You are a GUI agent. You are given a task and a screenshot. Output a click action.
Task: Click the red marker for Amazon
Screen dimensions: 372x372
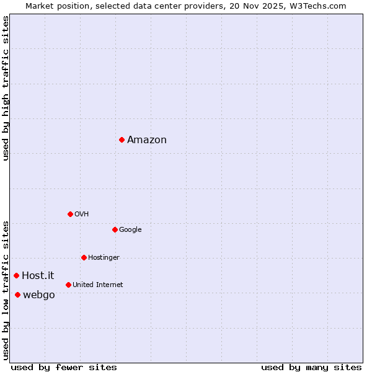point(122,139)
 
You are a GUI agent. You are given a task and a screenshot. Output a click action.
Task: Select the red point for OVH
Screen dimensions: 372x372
point(70,214)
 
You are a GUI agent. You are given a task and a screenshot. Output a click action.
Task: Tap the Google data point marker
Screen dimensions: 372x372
point(115,229)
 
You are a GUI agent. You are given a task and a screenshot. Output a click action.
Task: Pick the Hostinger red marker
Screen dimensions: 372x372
point(84,257)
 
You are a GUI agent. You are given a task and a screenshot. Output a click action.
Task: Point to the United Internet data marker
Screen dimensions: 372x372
point(68,285)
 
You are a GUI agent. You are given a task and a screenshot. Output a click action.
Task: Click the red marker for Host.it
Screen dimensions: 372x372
point(16,275)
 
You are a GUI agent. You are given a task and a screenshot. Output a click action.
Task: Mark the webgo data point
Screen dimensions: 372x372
point(17,294)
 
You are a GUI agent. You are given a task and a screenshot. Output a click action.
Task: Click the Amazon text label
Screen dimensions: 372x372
point(147,140)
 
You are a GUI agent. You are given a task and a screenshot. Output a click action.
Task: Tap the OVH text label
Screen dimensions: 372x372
point(81,215)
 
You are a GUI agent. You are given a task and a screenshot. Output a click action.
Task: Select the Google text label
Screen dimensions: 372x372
point(130,230)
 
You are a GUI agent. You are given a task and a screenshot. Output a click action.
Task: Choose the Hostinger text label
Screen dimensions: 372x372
point(104,258)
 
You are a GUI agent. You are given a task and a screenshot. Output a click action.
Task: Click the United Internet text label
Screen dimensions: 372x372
point(97,285)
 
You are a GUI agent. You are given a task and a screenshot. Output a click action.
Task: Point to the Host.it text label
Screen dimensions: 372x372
point(38,276)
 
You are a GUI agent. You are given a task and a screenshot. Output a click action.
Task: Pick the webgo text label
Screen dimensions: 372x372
point(38,295)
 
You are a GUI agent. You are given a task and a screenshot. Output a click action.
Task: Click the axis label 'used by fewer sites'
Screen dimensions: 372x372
point(64,367)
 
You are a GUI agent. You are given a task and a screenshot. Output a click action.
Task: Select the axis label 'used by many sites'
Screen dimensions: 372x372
point(311,367)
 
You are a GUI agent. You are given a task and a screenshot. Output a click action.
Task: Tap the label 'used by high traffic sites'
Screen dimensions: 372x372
point(6,88)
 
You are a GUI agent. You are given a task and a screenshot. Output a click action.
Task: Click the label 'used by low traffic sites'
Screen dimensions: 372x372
point(6,290)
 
